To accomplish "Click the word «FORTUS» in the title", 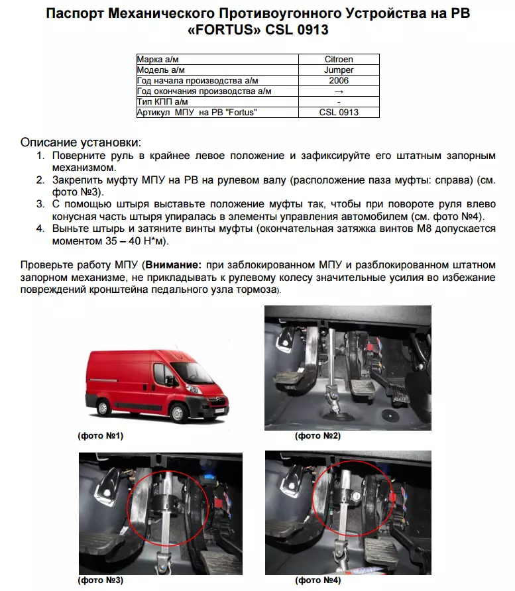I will pyautogui.click(x=223, y=30).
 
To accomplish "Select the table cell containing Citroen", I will pyautogui.click(x=339, y=60).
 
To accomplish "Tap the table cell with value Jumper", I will pyautogui.click(x=339, y=70).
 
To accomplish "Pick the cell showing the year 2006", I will pyautogui.click(x=339, y=80).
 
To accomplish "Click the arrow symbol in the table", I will pyautogui.click(x=339, y=91).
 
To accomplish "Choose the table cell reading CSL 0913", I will pyautogui.click(x=339, y=112).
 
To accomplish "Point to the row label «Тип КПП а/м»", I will pyautogui.click(x=162, y=101).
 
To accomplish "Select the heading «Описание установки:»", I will pyautogui.click(x=81, y=142).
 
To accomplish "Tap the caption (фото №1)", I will pyautogui.click(x=100, y=436).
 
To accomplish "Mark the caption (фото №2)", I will pyautogui.click(x=317, y=436).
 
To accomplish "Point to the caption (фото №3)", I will pyautogui.click(x=100, y=580).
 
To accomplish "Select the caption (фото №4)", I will pyautogui.click(x=317, y=580).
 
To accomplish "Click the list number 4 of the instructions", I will pyautogui.click(x=40, y=229).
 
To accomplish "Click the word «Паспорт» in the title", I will pyautogui.click(x=79, y=14).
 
